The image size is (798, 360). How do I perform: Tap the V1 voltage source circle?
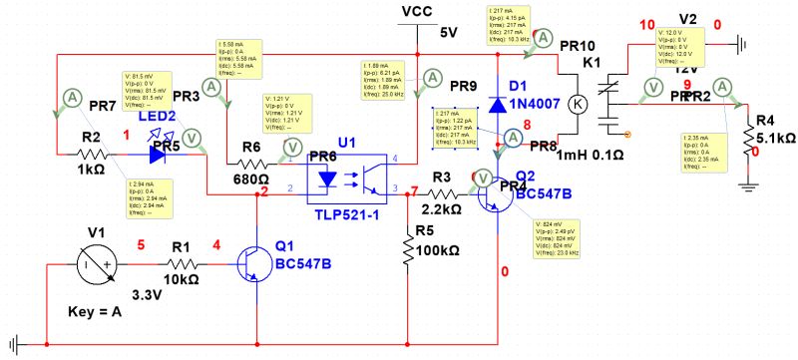tap(97, 264)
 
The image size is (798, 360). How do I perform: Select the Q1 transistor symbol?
tap(251, 264)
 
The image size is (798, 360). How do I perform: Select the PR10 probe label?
tap(576, 46)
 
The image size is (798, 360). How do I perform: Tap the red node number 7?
tap(415, 190)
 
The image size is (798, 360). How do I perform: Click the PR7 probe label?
tap(103, 105)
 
